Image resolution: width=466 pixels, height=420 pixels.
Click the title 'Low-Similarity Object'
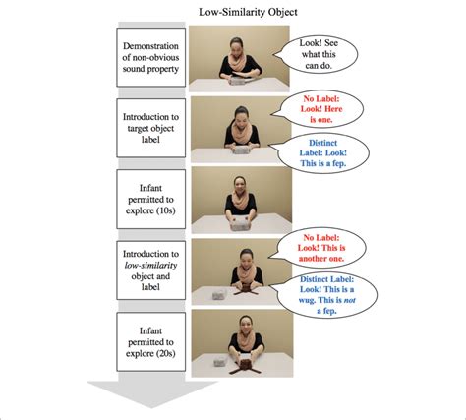233,12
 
